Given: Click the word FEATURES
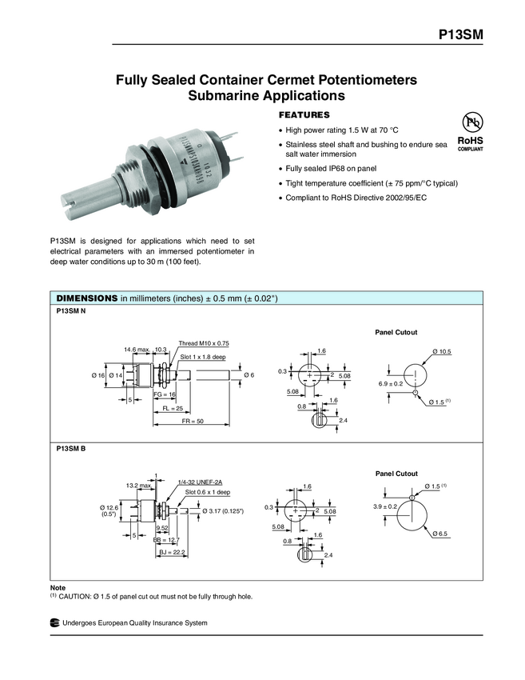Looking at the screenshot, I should pos(303,114).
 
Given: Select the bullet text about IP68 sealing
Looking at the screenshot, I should pos(329,169).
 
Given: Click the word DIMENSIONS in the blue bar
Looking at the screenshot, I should pos(86,298).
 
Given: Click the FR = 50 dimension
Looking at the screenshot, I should pos(193,420).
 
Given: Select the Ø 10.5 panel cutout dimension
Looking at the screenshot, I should pos(442,352).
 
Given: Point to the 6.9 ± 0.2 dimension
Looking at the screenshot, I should pos(392,385).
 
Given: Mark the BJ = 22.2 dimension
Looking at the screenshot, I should pos(171,552).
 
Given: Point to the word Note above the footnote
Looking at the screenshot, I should pos(58,588).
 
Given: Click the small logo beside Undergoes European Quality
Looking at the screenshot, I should pos(54,623).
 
